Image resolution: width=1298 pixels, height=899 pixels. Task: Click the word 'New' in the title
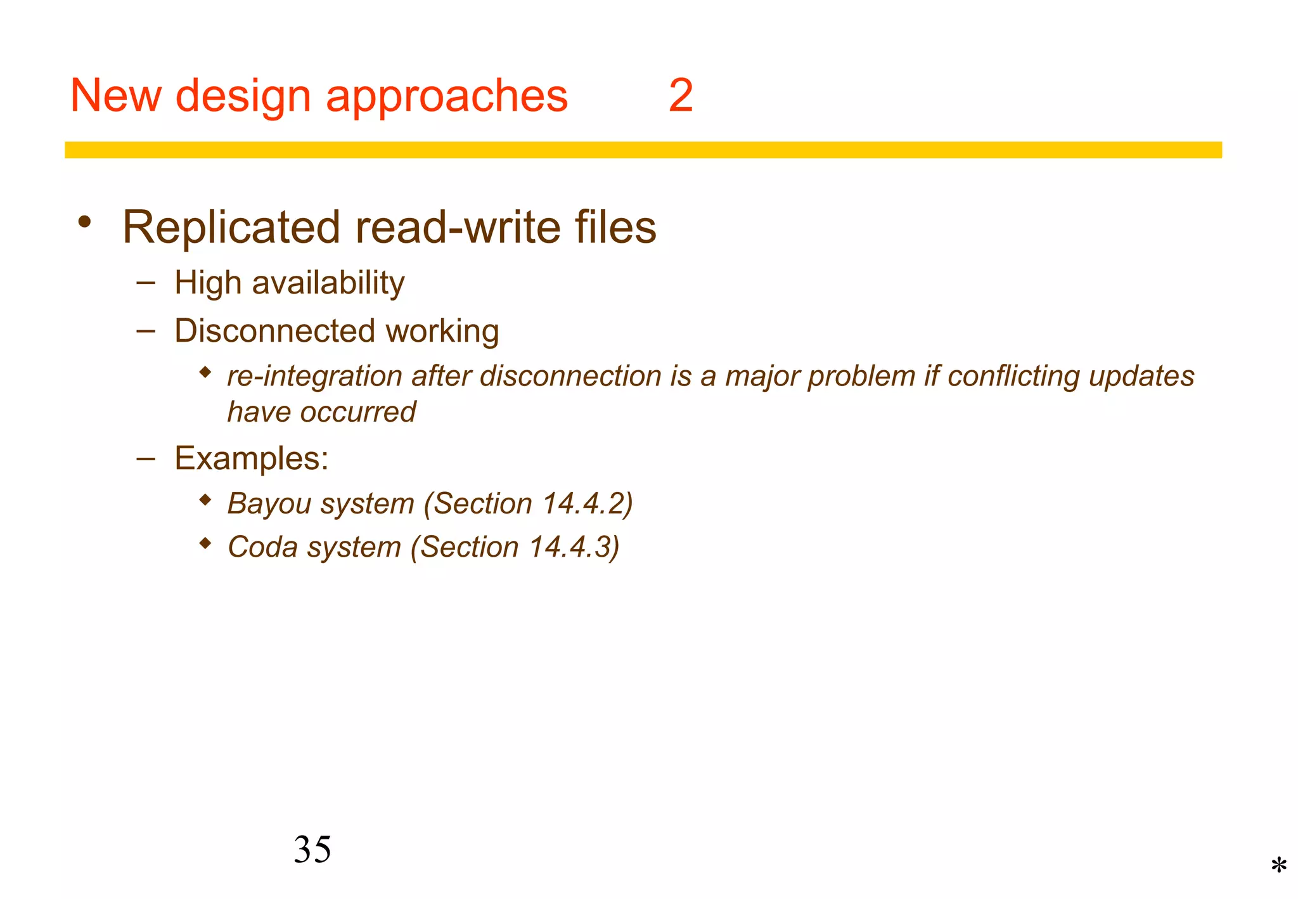(115, 96)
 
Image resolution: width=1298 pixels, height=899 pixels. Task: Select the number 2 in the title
(681, 96)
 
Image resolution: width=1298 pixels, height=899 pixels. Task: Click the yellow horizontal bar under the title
(643, 150)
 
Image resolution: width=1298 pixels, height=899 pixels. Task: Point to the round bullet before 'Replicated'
(84, 223)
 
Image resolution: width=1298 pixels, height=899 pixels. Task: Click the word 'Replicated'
(231, 227)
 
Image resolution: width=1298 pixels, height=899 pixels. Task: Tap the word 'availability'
(328, 283)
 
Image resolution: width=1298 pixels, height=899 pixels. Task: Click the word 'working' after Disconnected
(442, 332)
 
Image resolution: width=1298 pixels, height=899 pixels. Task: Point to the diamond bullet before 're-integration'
(205, 372)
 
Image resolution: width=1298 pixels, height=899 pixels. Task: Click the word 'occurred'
(358, 412)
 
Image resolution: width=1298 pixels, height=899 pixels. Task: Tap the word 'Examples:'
(252, 458)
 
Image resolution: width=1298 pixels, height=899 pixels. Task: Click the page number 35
(312, 849)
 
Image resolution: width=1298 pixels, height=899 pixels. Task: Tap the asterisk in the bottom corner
(1278, 866)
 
